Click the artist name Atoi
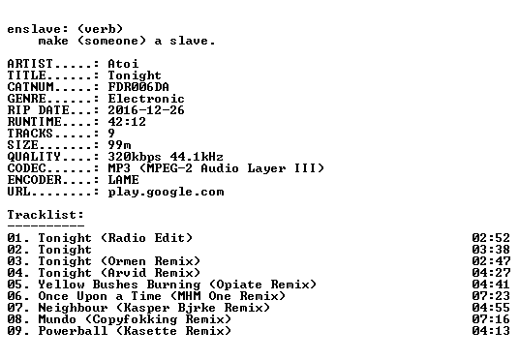[123, 64]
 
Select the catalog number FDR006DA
[138, 87]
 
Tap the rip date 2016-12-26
[146, 110]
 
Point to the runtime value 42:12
[127, 121]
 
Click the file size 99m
[119, 144]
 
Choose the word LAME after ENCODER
[123, 180]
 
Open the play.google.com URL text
[166, 192]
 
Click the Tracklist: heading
[46, 215]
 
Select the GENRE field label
[26, 99]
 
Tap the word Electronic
[146, 99]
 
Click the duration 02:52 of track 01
[491, 237]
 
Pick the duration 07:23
[491, 295]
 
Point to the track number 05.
[15, 284]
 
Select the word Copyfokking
[135, 319]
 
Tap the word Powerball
[73, 331]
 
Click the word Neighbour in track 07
[73, 308]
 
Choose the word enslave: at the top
[38, 29]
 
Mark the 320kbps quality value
[135, 157]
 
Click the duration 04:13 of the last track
[491, 331]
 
